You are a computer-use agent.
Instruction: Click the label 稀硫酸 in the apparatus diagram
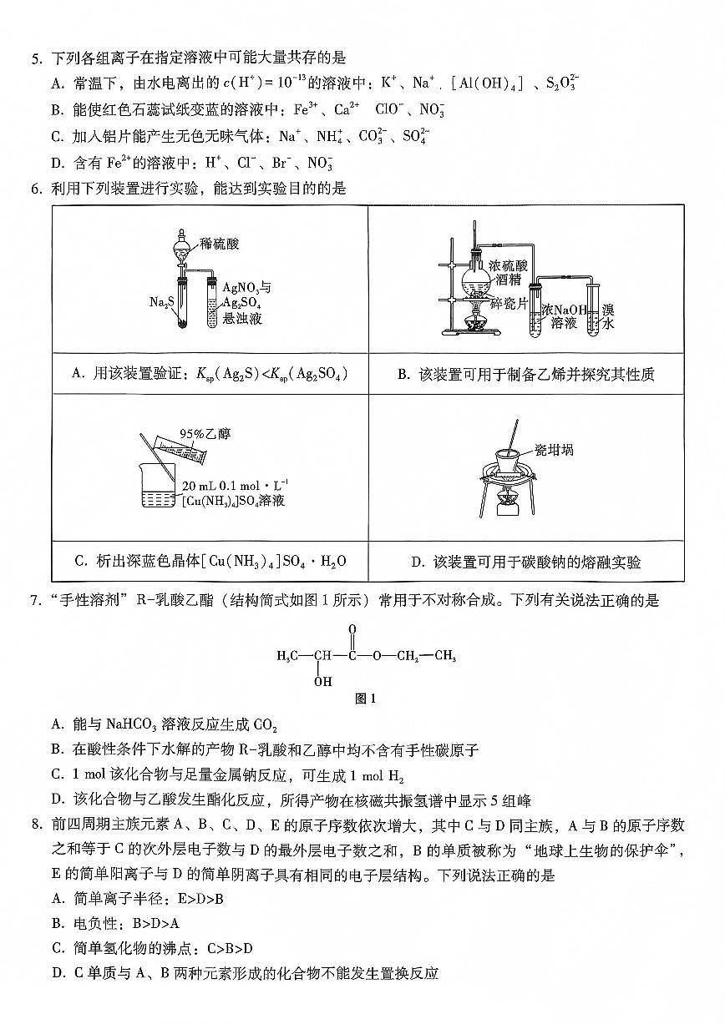[x=220, y=244]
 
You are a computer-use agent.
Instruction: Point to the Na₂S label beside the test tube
[x=160, y=301]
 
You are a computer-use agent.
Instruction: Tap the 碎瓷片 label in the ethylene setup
[x=508, y=303]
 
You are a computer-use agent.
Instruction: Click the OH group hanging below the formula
[x=322, y=681]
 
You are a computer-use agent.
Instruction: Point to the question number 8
[x=35, y=825]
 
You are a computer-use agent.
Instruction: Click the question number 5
[x=35, y=58]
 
